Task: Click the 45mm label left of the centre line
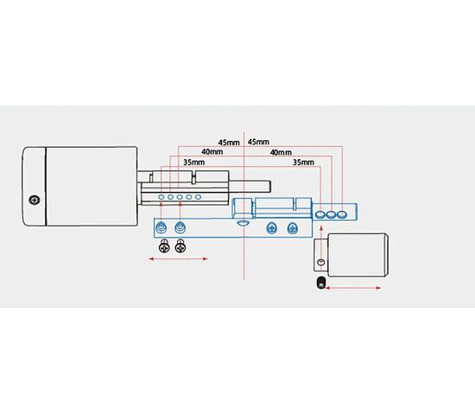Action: [x=229, y=143]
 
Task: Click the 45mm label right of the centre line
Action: [x=258, y=142]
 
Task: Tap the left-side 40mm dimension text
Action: [x=212, y=151]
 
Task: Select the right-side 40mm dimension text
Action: [x=281, y=152]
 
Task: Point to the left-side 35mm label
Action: [x=193, y=163]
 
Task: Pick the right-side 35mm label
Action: [x=303, y=163]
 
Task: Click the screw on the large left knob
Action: [x=35, y=201]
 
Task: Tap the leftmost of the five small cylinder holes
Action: [x=161, y=197]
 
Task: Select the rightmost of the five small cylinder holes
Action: [x=198, y=197]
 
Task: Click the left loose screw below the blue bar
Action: [x=164, y=246]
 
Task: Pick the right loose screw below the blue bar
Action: [x=180, y=246]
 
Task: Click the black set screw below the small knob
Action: [x=320, y=283]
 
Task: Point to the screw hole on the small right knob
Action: [x=321, y=262]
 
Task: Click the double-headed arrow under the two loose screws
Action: [x=178, y=259]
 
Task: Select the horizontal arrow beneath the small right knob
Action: [x=353, y=288]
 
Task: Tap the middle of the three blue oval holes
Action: [x=331, y=214]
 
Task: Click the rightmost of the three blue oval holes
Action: [x=342, y=214]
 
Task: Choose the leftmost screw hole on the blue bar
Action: [x=161, y=227]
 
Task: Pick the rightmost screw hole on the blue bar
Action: [x=292, y=228]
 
